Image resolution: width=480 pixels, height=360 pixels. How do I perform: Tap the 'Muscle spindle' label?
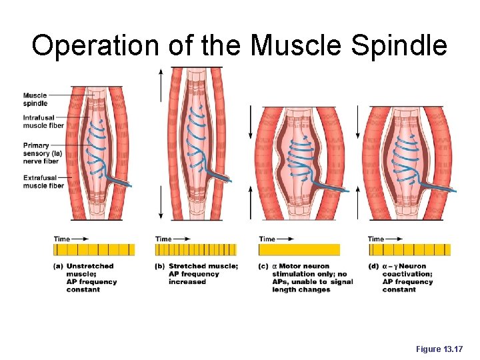(35, 99)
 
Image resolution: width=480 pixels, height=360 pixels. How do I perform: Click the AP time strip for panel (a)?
(94, 249)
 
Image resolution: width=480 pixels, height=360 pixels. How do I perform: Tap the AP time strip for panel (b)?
(195, 249)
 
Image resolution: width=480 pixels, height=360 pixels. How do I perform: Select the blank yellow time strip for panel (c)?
(299, 249)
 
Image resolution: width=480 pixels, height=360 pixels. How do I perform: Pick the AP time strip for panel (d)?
(409, 249)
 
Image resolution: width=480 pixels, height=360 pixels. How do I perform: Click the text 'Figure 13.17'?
(438, 348)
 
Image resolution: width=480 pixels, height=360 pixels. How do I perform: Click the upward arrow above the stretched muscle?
(161, 83)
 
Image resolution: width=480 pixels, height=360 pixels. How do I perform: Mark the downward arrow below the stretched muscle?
(161, 203)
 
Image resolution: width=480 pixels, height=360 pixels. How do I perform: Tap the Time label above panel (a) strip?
(62, 239)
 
